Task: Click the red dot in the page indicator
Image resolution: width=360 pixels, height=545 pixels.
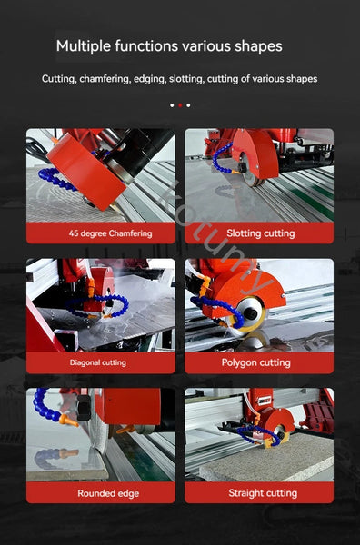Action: coord(180,105)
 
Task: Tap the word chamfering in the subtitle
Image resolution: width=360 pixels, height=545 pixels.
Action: coord(105,79)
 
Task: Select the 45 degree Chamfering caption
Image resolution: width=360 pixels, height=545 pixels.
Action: coord(110,233)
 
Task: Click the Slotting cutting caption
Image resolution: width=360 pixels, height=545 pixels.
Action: coord(261,233)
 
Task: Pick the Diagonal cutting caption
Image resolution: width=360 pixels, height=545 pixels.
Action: coord(98,362)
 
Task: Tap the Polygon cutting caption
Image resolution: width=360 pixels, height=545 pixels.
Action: coord(256,362)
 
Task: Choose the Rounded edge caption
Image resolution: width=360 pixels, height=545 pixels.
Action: coord(108,493)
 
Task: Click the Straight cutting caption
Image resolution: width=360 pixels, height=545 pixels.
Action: coord(263,493)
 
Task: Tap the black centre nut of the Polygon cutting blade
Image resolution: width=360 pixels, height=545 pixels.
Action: coord(250,312)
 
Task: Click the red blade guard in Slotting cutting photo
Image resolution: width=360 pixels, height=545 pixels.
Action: coord(255,153)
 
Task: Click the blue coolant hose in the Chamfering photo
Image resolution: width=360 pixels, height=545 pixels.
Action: coord(56,178)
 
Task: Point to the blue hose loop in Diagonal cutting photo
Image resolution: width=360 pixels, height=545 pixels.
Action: coord(97,306)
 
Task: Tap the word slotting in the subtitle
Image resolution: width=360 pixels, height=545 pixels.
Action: coord(186,79)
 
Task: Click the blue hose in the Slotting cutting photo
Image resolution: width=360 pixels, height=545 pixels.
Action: coord(222,158)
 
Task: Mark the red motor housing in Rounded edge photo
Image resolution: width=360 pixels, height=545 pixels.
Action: coord(130,406)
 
